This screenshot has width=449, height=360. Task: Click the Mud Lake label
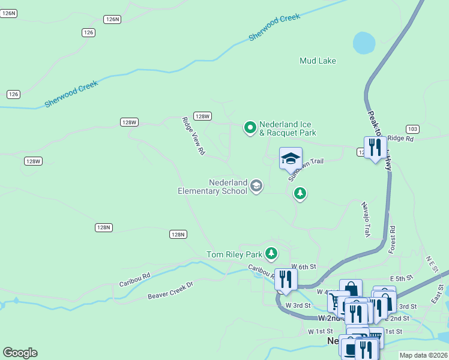[x=318, y=61]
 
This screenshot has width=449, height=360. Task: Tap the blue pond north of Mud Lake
[x=364, y=43]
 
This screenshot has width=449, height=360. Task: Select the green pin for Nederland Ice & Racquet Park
[x=250, y=127]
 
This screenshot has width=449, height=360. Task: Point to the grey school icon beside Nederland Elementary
[x=256, y=186]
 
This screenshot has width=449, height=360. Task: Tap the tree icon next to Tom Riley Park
[x=272, y=254]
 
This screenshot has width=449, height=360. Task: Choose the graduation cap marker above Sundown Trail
[x=291, y=159]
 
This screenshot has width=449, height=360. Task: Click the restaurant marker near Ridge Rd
[x=375, y=148]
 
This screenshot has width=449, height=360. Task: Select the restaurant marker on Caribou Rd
[x=286, y=279]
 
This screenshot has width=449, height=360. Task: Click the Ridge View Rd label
[x=194, y=136]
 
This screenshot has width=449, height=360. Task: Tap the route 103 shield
[x=412, y=129]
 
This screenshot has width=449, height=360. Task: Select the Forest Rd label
[x=392, y=239]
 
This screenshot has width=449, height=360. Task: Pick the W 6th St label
[x=303, y=266]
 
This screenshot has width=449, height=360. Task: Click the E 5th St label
[x=402, y=278]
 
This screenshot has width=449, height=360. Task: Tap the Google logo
[x=20, y=353]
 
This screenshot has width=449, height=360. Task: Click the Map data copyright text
[x=423, y=355]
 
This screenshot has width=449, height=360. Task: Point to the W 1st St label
[x=320, y=331]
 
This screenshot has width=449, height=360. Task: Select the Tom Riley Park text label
[x=235, y=254]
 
